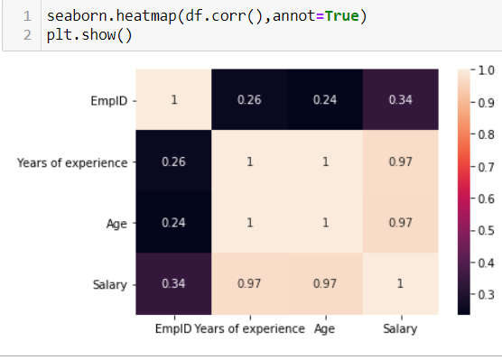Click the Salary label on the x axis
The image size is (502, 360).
[x=401, y=329]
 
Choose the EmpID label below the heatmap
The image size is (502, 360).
[x=173, y=329]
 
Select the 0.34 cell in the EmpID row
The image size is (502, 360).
[x=401, y=100]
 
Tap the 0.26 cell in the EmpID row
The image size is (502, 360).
[x=249, y=100]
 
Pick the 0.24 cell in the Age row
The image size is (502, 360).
[x=173, y=223]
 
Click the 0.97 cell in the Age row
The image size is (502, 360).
[x=401, y=223]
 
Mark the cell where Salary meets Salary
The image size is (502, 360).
[x=401, y=284]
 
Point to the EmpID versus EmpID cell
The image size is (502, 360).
[x=173, y=100]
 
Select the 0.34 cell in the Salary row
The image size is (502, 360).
[x=173, y=284]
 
